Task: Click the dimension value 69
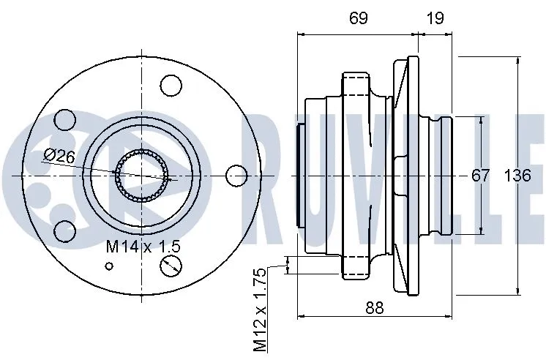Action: tap(358, 18)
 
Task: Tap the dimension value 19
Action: tap(435, 18)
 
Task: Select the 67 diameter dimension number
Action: tap(480, 176)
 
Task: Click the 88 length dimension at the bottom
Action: tap(374, 308)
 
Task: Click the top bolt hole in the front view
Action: tap(171, 86)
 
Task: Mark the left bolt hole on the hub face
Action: tap(65, 120)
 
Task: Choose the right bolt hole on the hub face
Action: tap(236, 176)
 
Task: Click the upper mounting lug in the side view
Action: tap(356, 82)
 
